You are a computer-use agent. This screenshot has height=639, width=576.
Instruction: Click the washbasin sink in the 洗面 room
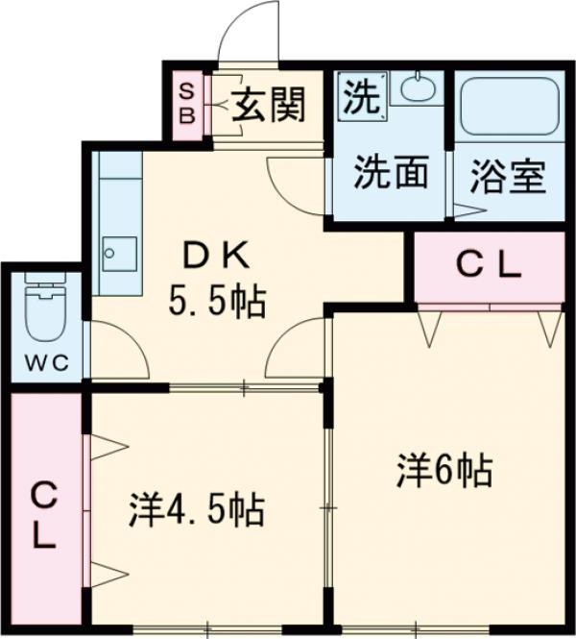coord(418,90)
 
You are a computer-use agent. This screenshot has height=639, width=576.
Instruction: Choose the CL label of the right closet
coord(488,266)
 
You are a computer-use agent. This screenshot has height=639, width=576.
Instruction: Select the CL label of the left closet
coord(43,517)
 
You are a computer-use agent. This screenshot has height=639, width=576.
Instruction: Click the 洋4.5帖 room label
coord(198,509)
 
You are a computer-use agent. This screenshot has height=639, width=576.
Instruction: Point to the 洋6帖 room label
coord(444,471)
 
